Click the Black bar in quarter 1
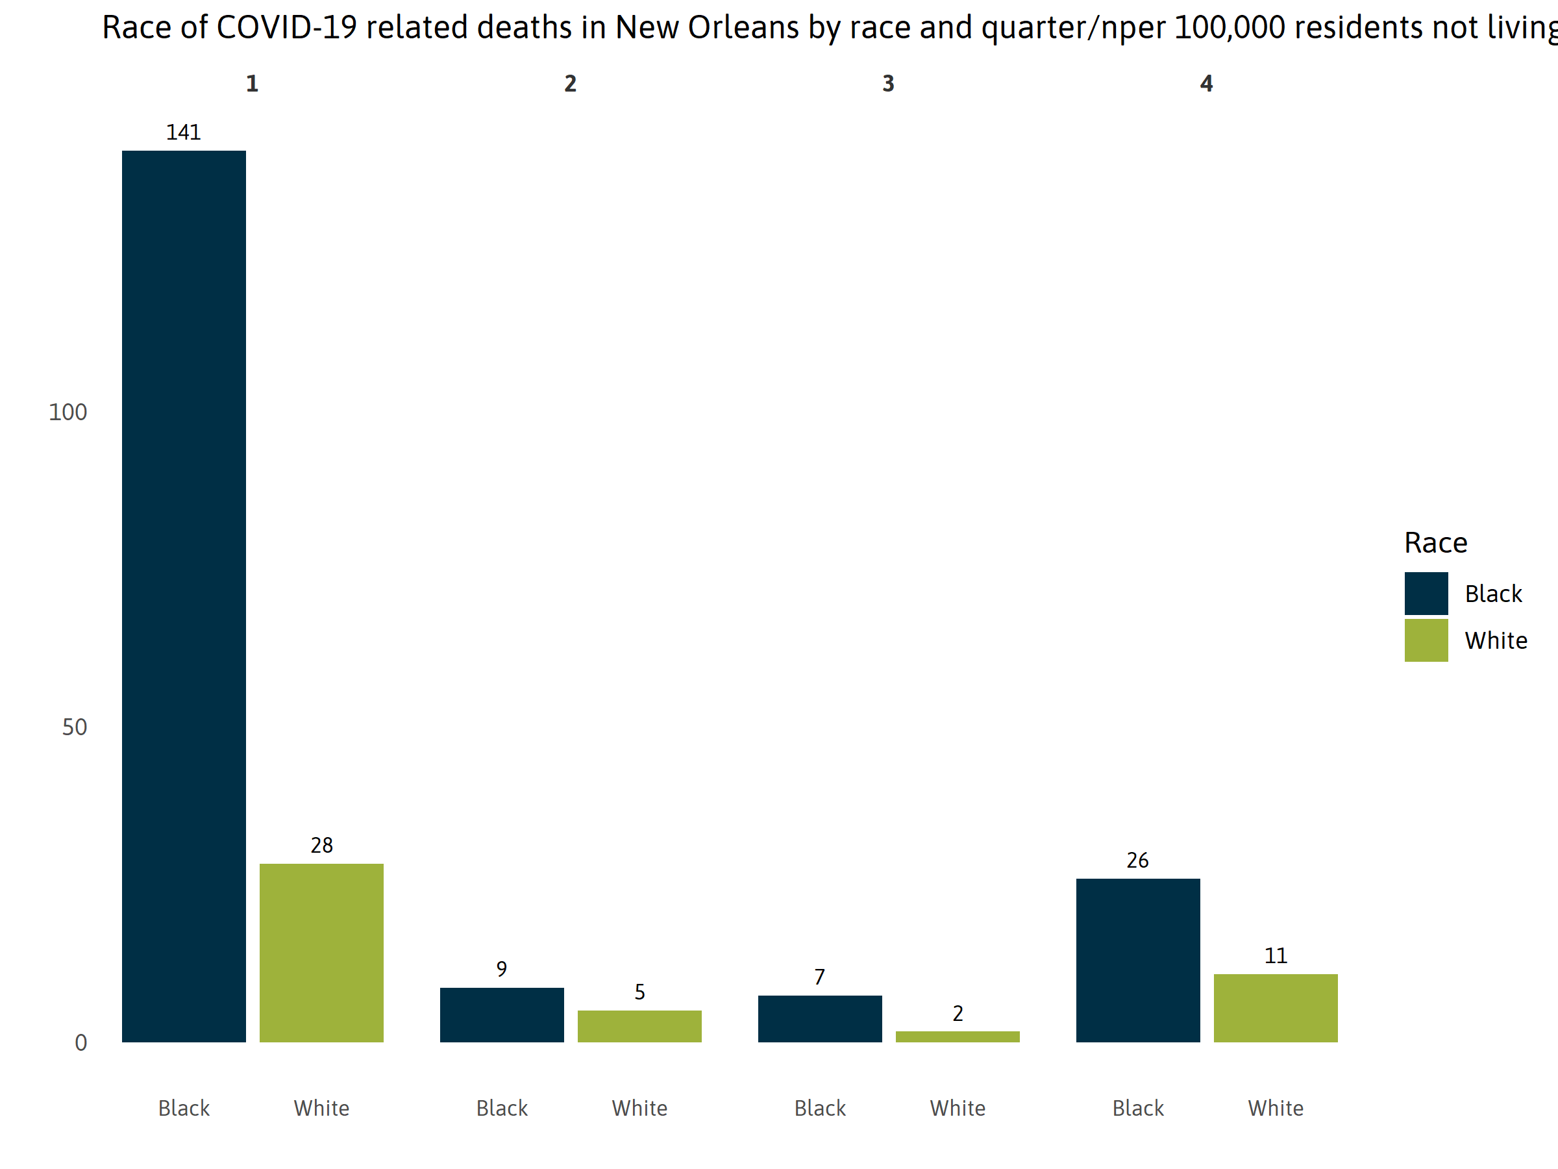click(184, 596)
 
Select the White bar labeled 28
click(321, 952)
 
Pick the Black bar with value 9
click(502, 1014)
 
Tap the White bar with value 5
click(639, 1025)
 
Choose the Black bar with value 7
click(819, 1018)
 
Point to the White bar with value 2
click(958, 1036)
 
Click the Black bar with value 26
click(1137, 960)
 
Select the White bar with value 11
click(1275, 1008)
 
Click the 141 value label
click(183, 132)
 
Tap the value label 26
click(1137, 861)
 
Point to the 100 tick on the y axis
click(68, 412)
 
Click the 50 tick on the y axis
click(74, 727)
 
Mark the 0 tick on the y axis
click(81, 1042)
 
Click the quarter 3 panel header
click(888, 84)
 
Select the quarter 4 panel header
click(1206, 84)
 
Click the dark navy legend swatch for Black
click(1426, 594)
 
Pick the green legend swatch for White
click(1426, 640)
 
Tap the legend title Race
click(1435, 542)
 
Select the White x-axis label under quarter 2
click(639, 1108)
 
